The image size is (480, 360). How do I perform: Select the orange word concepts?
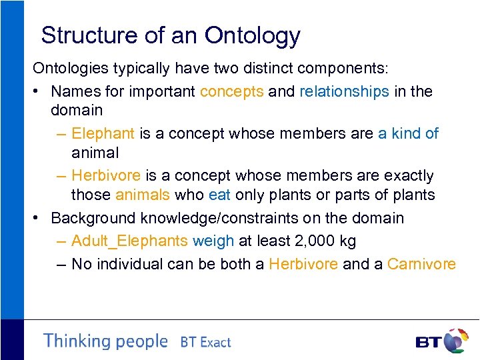231,91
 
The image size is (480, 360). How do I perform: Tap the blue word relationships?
344,91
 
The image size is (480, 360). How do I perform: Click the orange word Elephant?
103,133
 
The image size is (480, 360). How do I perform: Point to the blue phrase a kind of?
408,133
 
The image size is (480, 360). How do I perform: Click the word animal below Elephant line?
95,153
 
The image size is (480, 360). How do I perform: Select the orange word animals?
142,195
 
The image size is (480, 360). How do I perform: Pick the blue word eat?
219,195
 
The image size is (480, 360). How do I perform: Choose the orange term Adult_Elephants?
129,241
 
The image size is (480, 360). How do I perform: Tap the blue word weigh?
213,241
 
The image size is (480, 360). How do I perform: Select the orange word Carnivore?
421,264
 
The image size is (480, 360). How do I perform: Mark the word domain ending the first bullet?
77,110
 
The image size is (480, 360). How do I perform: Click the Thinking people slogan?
105,341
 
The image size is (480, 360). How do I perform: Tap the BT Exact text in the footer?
205,343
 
